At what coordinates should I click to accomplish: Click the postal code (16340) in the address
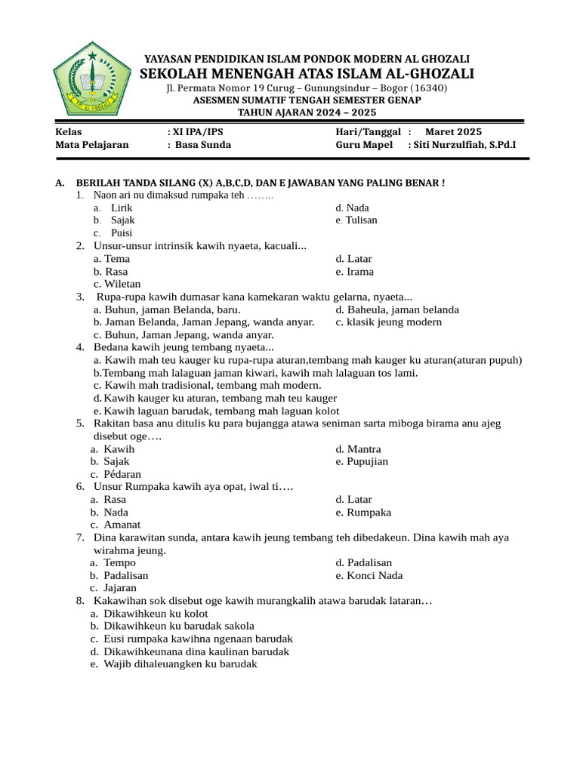(x=428, y=88)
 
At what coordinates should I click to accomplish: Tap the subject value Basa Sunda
(x=203, y=145)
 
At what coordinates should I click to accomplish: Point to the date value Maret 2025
(x=453, y=131)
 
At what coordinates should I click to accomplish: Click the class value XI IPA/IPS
(x=198, y=131)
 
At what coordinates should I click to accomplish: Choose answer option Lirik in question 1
(x=122, y=208)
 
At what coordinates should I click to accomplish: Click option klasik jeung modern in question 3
(x=394, y=322)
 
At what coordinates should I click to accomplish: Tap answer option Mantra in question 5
(x=363, y=449)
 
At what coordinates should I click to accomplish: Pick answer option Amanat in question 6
(x=122, y=525)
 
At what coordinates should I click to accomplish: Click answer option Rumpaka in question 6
(x=369, y=513)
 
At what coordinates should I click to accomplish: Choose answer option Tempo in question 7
(x=119, y=562)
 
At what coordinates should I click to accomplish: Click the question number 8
(x=79, y=601)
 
